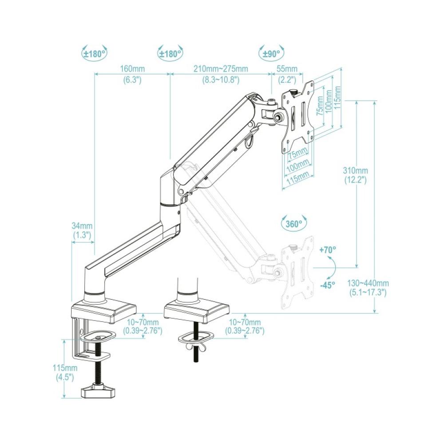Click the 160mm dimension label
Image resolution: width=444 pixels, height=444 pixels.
click(131, 70)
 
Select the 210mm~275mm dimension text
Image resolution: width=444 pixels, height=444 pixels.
click(221, 70)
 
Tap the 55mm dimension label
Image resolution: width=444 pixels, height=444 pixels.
click(287, 70)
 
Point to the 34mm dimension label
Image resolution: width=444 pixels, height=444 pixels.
click(81, 226)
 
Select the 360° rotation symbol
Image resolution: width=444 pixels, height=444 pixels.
click(293, 224)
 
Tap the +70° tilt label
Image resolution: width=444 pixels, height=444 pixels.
click(328, 250)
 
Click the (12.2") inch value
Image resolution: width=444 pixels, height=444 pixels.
click(355, 180)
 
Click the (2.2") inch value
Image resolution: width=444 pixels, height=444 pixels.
click(287, 80)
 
